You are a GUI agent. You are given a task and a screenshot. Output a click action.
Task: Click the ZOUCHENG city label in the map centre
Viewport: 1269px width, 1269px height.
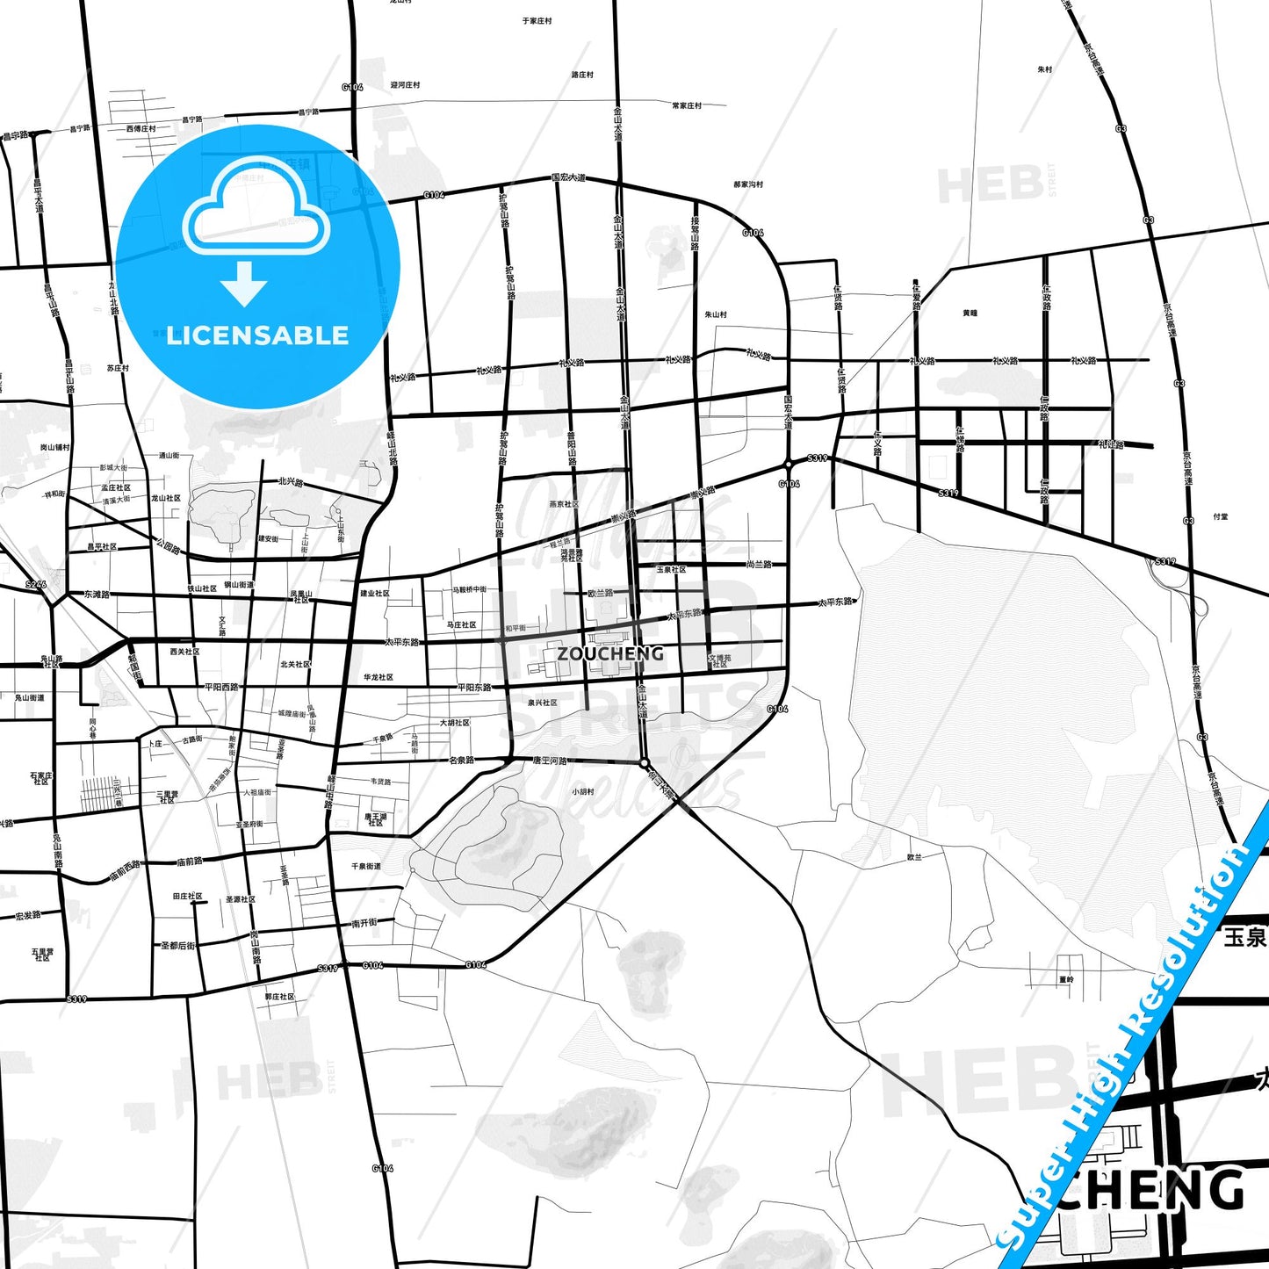tap(610, 653)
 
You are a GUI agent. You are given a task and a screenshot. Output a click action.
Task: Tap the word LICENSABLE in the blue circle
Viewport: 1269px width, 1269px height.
tap(257, 335)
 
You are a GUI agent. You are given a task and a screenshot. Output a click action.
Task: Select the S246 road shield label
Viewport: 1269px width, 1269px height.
tap(35, 584)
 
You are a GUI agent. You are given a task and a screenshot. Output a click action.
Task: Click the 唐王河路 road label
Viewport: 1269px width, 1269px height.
tap(551, 761)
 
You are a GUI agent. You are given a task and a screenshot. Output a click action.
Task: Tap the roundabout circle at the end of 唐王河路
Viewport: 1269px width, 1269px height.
tap(644, 763)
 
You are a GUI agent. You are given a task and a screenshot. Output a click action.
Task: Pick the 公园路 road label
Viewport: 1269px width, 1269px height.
tap(168, 546)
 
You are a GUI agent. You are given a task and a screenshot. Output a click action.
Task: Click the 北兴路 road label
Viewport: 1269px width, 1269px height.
tap(291, 482)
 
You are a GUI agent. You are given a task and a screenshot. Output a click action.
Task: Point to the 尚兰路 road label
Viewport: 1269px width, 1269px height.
tap(759, 564)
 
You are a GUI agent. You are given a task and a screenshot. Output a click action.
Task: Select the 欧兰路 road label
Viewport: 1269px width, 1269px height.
tap(601, 594)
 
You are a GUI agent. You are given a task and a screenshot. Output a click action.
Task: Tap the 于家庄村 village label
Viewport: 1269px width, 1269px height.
tap(537, 20)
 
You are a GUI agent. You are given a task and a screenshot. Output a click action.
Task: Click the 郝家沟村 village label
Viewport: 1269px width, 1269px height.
tap(748, 184)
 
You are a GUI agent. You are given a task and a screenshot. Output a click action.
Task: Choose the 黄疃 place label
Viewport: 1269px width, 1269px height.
tap(970, 313)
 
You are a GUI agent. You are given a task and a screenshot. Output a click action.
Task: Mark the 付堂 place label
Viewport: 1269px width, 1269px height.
tap(1220, 516)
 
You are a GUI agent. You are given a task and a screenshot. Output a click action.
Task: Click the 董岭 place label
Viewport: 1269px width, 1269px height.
tap(1066, 978)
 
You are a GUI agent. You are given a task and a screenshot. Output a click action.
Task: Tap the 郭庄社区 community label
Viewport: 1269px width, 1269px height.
tap(280, 997)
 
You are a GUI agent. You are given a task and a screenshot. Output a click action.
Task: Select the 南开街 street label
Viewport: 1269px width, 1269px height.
tap(364, 923)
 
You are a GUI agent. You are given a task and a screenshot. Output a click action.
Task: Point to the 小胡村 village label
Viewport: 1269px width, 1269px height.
tap(584, 791)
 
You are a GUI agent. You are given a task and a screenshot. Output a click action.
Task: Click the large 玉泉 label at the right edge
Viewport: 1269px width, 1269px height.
tap(1245, 937)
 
